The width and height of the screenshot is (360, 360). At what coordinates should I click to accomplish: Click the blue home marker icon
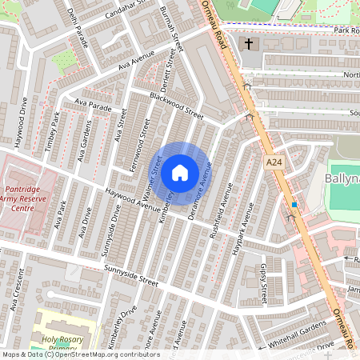(180, 173)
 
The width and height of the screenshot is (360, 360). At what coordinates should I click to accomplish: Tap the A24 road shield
(274, 162)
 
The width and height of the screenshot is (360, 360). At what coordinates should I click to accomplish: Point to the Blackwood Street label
(170, 104)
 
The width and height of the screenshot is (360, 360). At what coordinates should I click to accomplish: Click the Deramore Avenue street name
(200, 190)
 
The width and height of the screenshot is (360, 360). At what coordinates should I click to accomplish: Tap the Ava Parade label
(94, 104)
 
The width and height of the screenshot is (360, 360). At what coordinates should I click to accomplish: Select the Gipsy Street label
(265, 284)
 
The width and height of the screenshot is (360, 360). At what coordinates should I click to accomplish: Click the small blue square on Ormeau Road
(294, 205)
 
